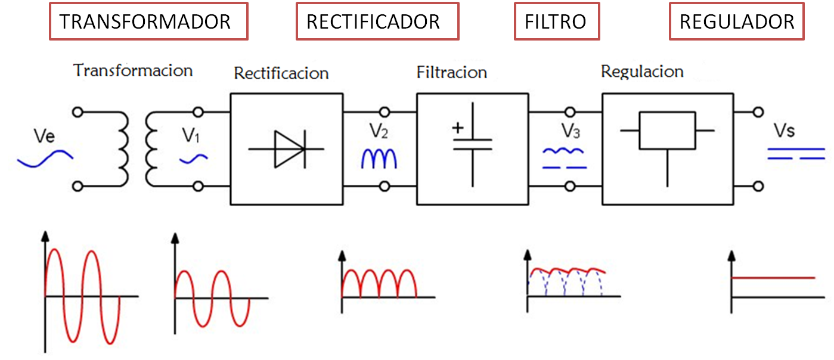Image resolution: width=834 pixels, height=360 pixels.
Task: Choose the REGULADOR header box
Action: tap(737, 22)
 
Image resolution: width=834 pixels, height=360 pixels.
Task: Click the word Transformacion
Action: tap(133, 70)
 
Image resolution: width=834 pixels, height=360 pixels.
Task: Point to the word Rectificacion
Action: tap(281, 73)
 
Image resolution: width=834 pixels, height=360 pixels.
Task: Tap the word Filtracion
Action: tap(451, 73)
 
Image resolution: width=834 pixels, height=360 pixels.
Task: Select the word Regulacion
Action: tap(641, 72)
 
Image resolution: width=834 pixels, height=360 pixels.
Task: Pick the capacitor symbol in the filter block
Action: tap(473, 144)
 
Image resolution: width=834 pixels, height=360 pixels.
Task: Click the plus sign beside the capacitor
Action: tap(458, 128)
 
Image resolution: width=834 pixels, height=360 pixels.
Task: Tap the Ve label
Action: tap(45, 136)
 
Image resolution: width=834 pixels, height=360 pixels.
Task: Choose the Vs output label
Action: tap(783, 131)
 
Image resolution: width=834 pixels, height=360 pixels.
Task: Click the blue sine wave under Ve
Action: tap(45, 159)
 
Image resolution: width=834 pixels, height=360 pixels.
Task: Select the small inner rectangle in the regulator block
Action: tap(667, 131)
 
